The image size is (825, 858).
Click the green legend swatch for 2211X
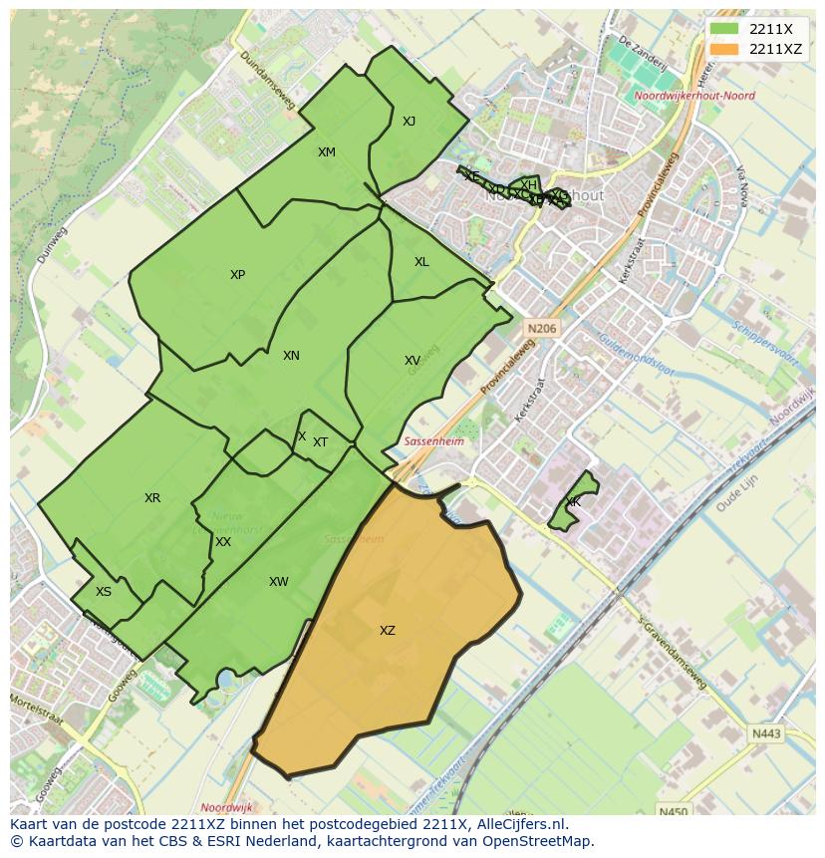(x=724, y=29)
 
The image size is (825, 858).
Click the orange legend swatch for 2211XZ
(x=724, y=49)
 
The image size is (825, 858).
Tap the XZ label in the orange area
(x=388, y=630)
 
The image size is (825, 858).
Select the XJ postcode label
(x=409, y=122)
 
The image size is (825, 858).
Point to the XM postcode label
(x=327, y=152)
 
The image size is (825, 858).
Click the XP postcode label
(x=237, y=275)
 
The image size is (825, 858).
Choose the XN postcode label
(x=291, y=356)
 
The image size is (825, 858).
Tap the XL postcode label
(x=421, y=262)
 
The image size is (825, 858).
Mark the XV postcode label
(x=412, y=361)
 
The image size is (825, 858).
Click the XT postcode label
(x=321, y=442)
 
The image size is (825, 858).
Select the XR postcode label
(x=152, y=498)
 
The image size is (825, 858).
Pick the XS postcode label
(x=104, y=592)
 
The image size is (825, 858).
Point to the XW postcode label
(x=279, y=582)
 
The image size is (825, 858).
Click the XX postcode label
(x=223, y=542)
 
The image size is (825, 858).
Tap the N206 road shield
(x=543, y=328)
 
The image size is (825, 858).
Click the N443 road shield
(x=766, y=734)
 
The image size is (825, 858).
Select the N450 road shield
(x=673, y=812)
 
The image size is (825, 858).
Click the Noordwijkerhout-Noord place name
(x=693, y=97)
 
